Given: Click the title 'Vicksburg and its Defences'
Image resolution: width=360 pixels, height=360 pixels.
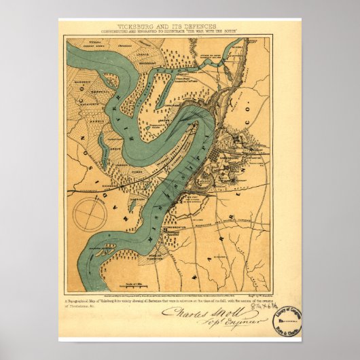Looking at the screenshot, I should tap(180, 26).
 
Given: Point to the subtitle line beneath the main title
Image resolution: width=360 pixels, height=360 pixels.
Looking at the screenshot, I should tap(180, 32).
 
